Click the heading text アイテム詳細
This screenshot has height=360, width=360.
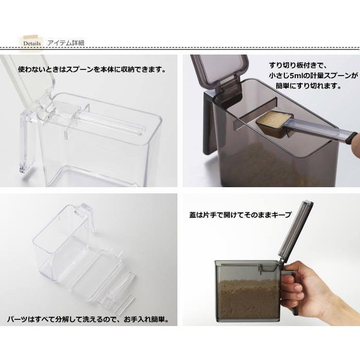pyautogui.click(x=65, y=43)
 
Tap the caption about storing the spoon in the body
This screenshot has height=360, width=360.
pyautogui.click(x=92, y=68)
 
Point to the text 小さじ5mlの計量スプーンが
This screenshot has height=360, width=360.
pyautogui.click(x=313, y=76)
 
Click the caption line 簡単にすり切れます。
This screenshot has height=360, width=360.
pyautogui.click(x=309, y=86)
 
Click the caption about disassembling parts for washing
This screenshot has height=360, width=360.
pyautogui.click(x=87, y=319)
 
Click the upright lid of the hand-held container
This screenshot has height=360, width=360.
pyautogui.click(x=295, y=231)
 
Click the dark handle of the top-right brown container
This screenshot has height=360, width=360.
pyautogui.click(x=208, y=123)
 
